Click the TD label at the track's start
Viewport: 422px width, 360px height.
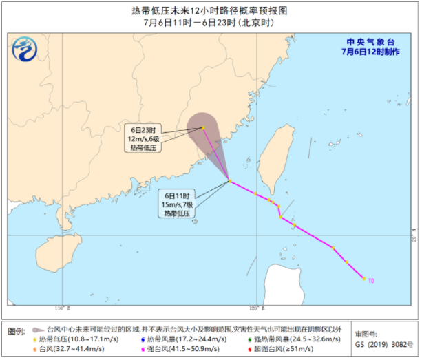[x=372, y=281]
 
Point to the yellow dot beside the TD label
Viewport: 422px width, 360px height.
[x=363, y=279]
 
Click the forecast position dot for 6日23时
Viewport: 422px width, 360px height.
[x=202, y=127]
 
